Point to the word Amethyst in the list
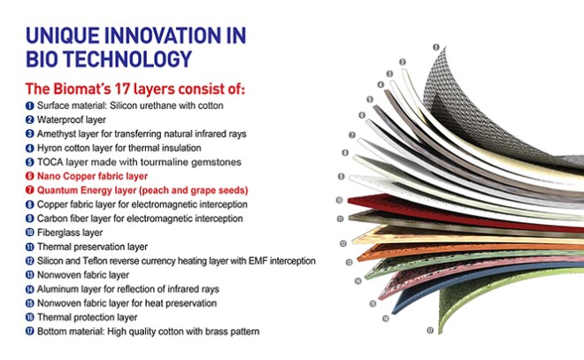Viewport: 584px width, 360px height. [x=58, y=134]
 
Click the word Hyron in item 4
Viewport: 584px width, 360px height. [x=52, y=148]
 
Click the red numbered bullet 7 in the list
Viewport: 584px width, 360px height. [x=29, y=190]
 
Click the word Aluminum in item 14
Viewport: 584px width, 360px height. [x=59, y=289]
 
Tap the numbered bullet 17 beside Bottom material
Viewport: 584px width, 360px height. [x=29, y=332]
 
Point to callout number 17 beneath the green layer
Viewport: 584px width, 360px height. [x=430, y=330]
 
